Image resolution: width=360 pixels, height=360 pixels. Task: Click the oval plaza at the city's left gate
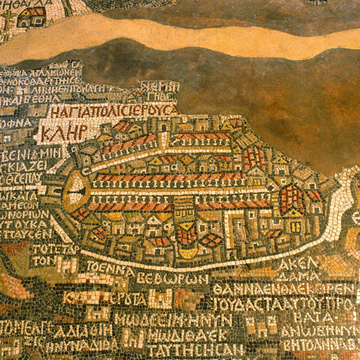point(76,192)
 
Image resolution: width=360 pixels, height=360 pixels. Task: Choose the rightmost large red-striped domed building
point(292,197)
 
